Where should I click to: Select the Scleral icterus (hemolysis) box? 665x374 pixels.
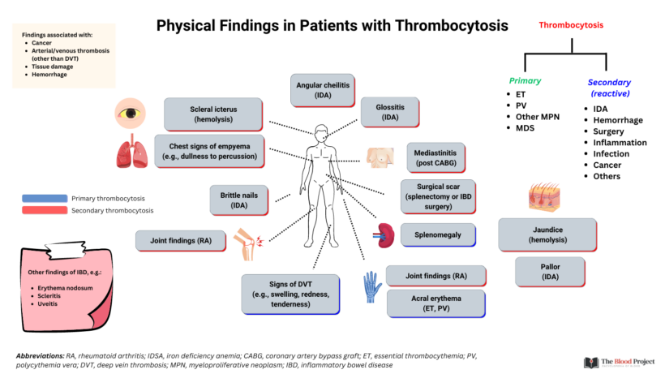coord(213,114)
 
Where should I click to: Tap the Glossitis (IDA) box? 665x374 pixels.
coord(389,112)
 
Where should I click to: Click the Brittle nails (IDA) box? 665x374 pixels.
coord(238,200)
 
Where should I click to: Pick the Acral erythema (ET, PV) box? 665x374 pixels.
coord(435,303)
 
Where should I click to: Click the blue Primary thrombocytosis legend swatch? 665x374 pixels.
coord(45,197)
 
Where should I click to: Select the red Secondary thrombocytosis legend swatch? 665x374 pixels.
coord(45,211)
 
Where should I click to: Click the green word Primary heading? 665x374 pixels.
coord(525,81)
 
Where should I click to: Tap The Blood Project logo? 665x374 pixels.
coord(618,363)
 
